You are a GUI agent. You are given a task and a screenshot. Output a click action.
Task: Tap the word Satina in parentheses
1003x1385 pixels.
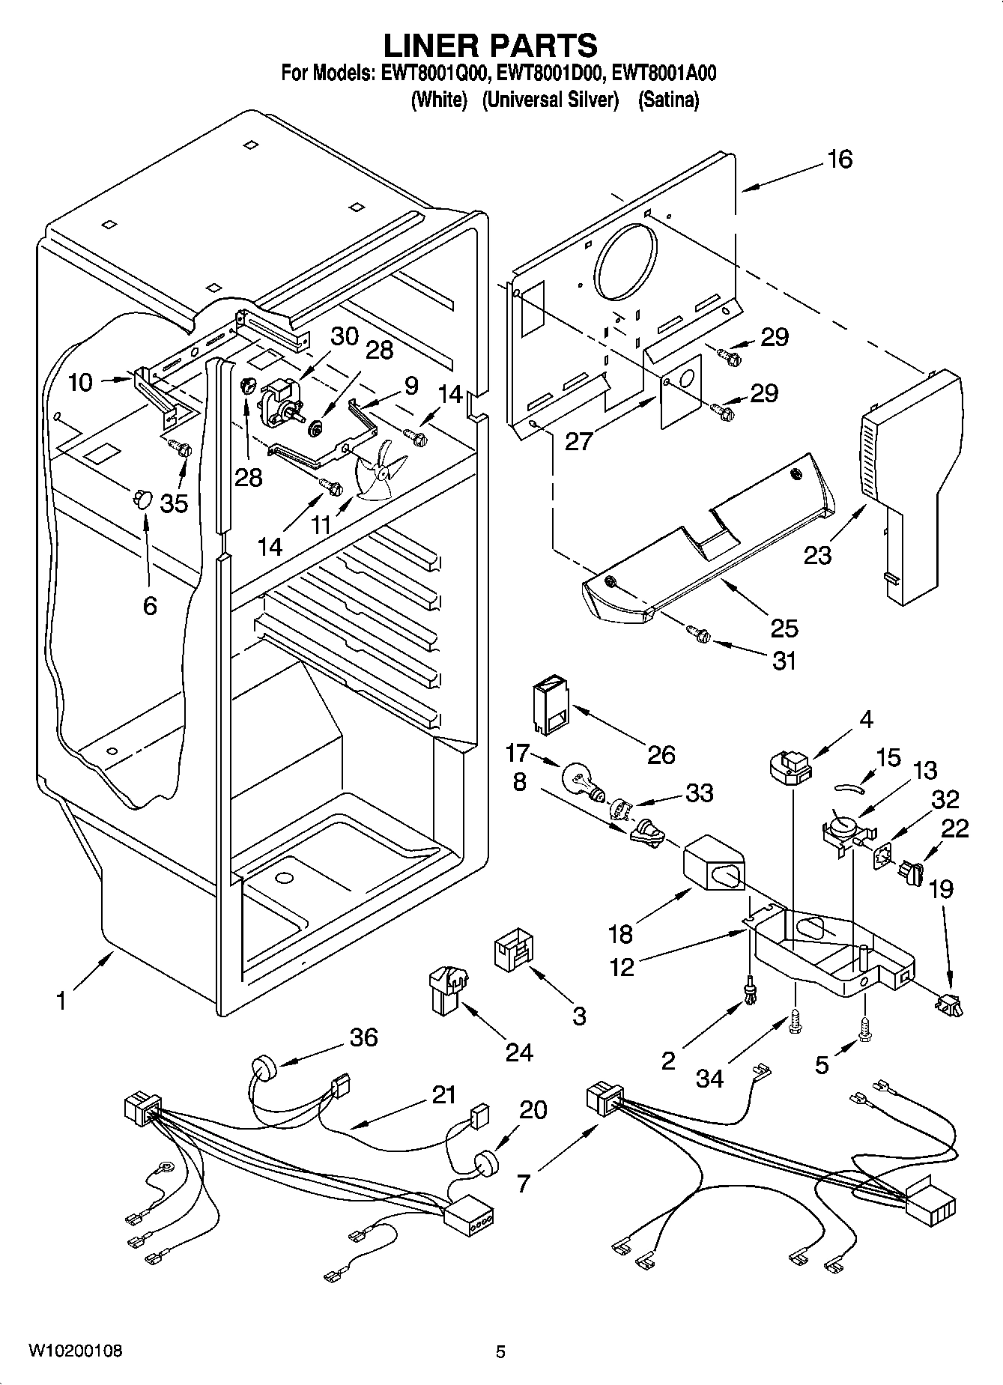click(668, 100)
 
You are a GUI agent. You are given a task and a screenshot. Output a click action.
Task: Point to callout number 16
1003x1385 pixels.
click(840, 159)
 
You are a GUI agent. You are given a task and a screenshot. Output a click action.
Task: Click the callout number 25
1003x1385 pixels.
click(783, 628)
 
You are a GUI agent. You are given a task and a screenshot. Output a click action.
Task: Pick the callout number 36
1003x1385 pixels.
click(363, 1037)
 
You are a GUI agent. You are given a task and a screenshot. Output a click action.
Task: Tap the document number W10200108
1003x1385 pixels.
click(75, 1351)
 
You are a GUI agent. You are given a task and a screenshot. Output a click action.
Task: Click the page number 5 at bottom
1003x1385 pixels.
click(500, 1351)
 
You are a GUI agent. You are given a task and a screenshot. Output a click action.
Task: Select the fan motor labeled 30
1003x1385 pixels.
click(282, 401)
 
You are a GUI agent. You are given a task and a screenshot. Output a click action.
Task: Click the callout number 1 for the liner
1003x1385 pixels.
click(63, 1000)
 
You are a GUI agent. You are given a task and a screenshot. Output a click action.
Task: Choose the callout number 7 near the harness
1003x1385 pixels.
click(524, 1184)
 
